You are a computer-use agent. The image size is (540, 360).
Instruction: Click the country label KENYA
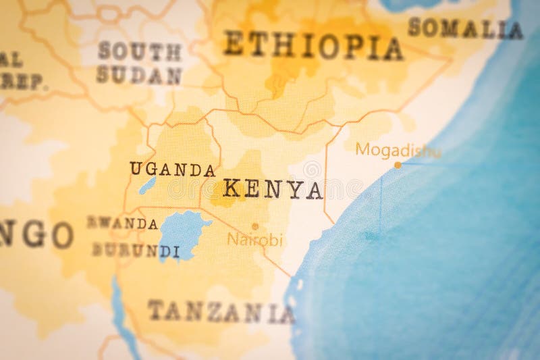(273, 189)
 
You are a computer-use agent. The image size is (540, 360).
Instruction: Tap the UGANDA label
(172, 169)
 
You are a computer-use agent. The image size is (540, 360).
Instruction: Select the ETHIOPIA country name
(313, 46)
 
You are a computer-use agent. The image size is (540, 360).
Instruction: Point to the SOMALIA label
(465, 28)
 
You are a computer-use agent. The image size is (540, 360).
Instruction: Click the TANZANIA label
(221, 312)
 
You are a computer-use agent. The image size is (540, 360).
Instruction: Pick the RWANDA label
(122, 223)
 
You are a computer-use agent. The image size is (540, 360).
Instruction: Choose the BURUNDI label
(136, 251)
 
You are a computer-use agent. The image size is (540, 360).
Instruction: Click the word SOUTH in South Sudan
(139, 51)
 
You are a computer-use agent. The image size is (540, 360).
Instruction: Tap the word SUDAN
(138, 76)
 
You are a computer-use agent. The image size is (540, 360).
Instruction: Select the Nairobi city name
(254, 240)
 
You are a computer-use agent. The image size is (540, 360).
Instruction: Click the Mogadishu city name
(398, 150)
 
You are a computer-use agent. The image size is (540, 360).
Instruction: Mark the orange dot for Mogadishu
(398, 164)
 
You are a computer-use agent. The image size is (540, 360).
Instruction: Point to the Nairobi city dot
(255, 226)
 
